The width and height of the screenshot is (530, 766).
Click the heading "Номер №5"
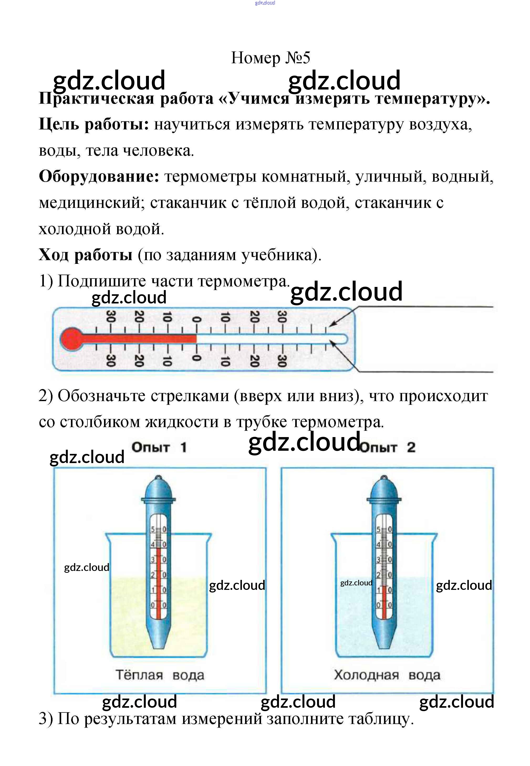(x=270, y=58)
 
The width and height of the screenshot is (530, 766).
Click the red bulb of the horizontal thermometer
(x=71, y=339)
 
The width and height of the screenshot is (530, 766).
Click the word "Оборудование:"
(x=99, y=176)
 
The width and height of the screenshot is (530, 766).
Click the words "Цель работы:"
(x=94, y=124)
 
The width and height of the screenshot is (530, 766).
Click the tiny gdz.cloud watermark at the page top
(x=265, y=3)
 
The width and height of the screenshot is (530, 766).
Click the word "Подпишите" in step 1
(x=102, y=281)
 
